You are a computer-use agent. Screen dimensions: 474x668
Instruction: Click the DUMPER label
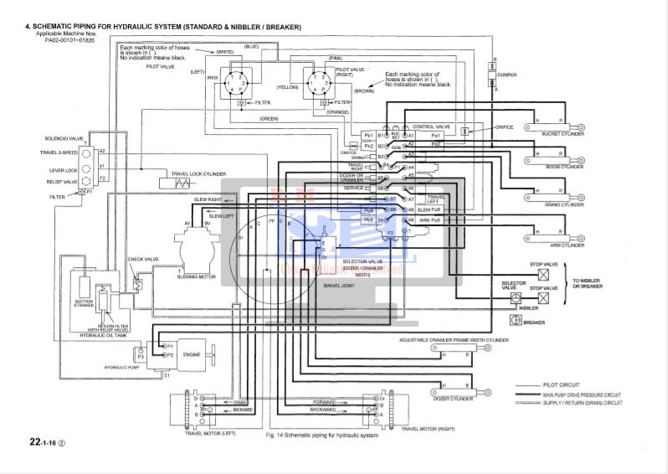click(x=507, y=74)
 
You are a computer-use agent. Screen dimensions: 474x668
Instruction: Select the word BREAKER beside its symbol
click(x=534, y=322)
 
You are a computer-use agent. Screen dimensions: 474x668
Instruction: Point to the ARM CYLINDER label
click(x=567, y=245)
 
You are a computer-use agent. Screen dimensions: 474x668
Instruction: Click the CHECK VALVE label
click(x=142, y=260)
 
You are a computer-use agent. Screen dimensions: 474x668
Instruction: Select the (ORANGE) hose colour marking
click(x=337, y=111)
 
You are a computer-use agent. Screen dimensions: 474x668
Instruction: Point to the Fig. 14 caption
click(x=322, y=435)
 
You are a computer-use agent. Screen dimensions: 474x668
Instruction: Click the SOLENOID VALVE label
click(x=64, y=138)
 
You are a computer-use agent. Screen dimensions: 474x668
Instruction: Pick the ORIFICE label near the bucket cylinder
click(x=504, y=127)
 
